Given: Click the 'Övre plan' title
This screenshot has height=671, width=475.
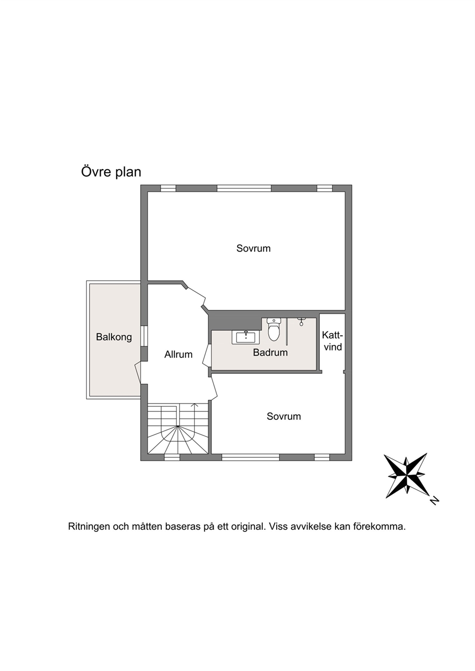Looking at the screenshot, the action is click(111, 172).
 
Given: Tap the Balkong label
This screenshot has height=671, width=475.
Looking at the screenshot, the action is click(114, 337).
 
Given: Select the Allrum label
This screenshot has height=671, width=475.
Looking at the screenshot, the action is click(179, 354).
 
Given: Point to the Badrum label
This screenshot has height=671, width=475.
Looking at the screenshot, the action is click(270, 352).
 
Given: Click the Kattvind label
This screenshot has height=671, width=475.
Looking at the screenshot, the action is click(333, 341).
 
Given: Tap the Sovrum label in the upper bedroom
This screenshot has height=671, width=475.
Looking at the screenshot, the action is click(253, 248).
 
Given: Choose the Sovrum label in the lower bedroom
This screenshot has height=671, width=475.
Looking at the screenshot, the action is click(283, 416).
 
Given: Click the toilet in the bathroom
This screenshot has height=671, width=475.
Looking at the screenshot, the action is click(273, 330).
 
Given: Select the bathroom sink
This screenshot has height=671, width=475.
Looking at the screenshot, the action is click(246, 337).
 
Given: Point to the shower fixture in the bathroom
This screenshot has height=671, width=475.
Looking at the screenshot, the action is click(301, 322).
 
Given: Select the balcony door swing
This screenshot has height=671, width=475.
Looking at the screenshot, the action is click(138, 373).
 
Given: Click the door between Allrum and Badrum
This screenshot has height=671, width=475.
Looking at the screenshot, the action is click(207, 355).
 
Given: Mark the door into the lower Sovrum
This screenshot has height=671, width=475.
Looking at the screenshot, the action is click(214, 388).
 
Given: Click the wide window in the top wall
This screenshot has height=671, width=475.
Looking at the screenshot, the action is click(244, 188).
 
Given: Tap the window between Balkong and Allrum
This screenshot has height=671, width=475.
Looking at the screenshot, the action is click(144, 336).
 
